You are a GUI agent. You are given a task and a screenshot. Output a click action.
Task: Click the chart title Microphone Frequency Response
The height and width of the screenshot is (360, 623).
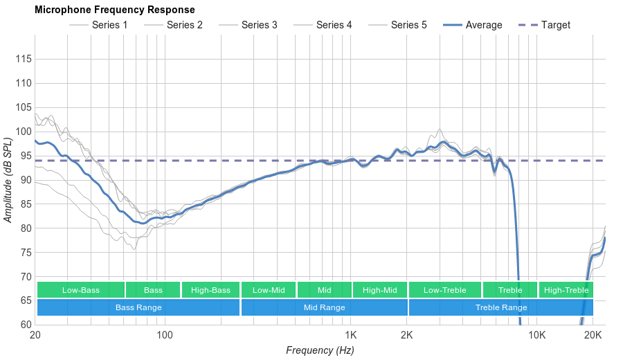[114, 10]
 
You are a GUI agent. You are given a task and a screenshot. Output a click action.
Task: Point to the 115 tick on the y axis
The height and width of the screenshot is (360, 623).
[24, 60]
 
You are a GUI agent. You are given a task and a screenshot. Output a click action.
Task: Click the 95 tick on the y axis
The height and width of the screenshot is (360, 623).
[24, 156]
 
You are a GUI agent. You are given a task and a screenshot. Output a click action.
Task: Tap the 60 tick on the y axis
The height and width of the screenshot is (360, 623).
[24, 325]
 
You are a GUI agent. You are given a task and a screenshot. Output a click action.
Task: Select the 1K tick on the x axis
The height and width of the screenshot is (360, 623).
[350, 336]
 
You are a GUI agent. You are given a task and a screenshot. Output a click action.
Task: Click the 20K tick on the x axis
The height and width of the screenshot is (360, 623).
[593, 336]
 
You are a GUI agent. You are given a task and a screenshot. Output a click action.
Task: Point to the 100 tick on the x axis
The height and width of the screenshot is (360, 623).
[165, 336]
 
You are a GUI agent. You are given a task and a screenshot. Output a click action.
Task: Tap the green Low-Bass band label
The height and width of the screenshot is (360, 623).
[81, 290]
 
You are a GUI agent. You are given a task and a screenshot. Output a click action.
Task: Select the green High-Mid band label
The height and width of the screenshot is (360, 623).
[379, 290]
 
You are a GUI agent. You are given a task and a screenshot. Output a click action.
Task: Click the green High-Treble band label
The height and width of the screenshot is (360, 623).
[566, 290]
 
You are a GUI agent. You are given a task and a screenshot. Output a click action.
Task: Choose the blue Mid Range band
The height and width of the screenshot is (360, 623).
[324, 307]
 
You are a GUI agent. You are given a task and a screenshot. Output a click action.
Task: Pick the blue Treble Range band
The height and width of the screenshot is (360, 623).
[500, 307]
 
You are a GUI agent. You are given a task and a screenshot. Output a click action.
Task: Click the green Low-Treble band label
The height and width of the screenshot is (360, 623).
[444, 290]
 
